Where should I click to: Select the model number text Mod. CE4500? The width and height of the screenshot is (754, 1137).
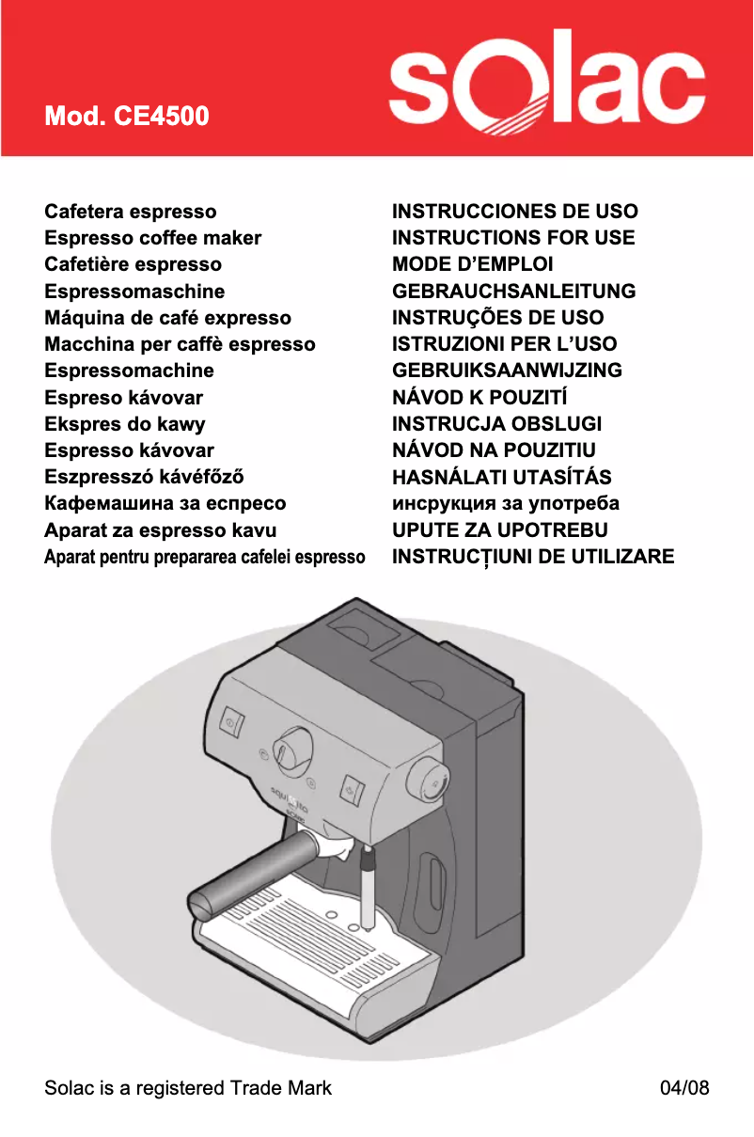127,118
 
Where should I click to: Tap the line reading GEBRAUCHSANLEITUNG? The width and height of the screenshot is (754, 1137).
513,292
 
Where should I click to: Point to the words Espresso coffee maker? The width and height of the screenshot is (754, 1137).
153,238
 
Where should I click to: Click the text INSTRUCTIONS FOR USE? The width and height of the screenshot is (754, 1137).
513,238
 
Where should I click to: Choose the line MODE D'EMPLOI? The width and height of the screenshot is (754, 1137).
472,264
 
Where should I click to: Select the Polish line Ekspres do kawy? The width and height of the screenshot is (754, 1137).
125,424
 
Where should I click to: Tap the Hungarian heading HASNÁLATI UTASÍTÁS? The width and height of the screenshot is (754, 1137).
501,477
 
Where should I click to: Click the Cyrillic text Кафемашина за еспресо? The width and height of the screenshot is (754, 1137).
165,503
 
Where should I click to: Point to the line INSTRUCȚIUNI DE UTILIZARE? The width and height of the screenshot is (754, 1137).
533,557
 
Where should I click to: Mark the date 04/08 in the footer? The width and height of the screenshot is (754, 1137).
684,1088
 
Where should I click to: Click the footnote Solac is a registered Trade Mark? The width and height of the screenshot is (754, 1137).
188,1088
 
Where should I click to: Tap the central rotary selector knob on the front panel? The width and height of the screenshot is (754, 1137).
294,747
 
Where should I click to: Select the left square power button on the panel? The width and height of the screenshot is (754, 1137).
231,723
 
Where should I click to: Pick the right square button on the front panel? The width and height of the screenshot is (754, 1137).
353,788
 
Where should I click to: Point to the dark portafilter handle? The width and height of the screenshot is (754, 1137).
254,871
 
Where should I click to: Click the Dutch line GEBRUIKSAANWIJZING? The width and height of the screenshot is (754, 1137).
507,371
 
